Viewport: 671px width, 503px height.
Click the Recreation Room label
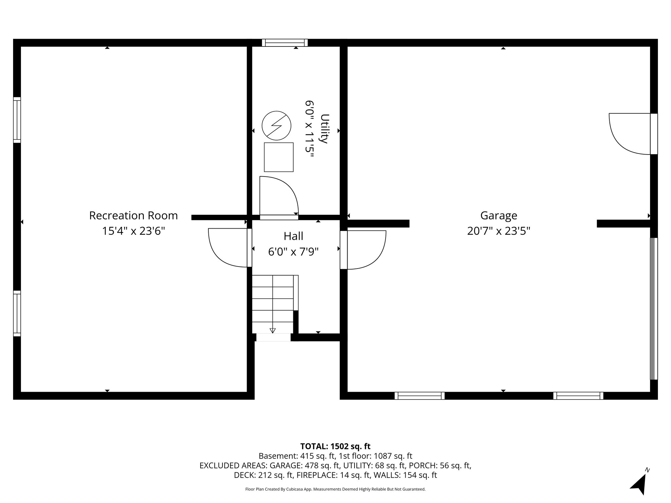133,215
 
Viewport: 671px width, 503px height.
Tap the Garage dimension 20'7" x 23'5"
498,231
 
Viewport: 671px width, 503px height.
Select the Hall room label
293,236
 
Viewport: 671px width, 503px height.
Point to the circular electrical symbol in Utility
277,125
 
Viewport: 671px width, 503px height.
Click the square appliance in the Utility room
278,157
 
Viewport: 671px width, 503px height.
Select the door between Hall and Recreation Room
229,248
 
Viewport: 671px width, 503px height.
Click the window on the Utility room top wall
285,43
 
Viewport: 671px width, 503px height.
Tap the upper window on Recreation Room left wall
17,120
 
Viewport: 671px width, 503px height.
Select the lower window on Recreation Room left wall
17,313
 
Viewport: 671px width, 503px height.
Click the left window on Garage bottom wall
419,396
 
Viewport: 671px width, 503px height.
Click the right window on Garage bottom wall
578,396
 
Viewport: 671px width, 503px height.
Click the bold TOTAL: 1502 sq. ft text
335,446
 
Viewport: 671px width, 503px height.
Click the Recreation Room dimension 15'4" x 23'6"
133,231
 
